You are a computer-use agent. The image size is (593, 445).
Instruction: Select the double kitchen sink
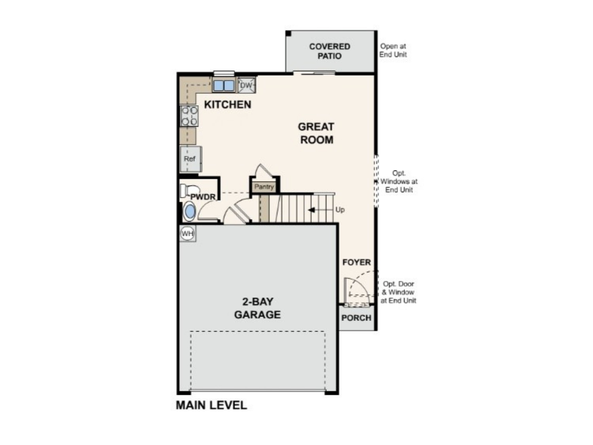pos(224,85)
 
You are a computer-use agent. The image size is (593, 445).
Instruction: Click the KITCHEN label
pos(228,105)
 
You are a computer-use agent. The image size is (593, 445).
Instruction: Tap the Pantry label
pos(264,187)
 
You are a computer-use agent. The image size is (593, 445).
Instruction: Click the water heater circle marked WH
pos(187,234)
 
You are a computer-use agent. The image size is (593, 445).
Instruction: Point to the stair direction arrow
pos(311,210)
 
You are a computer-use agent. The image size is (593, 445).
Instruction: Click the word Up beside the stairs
pos(340,210)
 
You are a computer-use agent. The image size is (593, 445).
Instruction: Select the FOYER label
pos(357,262)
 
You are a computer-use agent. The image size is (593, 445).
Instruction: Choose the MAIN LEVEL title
pos(211,405)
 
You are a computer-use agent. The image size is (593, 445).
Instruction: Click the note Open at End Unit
pos(393,50)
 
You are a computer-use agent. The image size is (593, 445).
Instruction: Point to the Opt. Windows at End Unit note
pos(399,182)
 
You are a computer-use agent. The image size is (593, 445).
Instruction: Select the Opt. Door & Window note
pos(398,292)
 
